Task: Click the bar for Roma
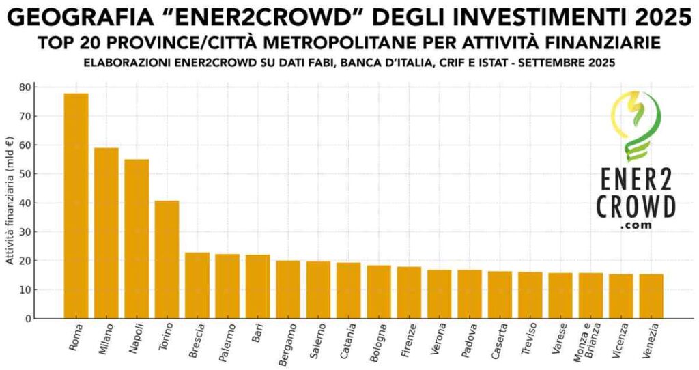pyautogui.click(x=76, y=205)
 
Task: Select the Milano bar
pyautogui.click(x=106, y=233)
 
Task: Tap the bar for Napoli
pyautogui.click(x=137, y=238)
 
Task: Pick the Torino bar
pyautogui.click(x=167, y=259)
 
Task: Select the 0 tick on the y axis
pyautogui.click(x=27, y=319)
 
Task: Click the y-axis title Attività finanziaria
pyautogui.click(x=10, y=203)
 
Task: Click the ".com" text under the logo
pyautogui.click(x=636, y=225)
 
